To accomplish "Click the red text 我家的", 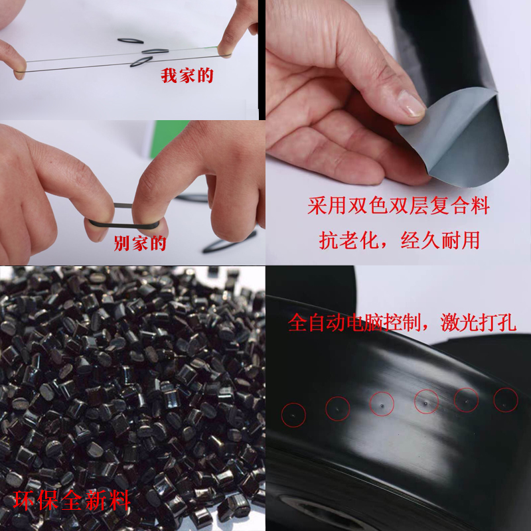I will pyautogui.click(x=187, y=76).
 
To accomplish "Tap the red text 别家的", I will pyautogui.click(x=140, y=242).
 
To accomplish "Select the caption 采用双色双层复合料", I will pyautogui.click(x=398, y=206).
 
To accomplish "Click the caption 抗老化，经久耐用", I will pyautogui.click(x=399, y=240).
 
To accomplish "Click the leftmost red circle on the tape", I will pyautogui.click(x=293, y=414).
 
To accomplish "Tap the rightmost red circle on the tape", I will pyautogui.click(x=506, y=400).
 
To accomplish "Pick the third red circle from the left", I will pyautogui.click(x=382, y=404).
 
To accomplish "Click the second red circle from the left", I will pyautogui.click(x=338, y=408).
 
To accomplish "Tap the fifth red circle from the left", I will pyautogui.click(x=467, y=400).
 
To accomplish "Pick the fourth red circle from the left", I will pyautogui.click(x=425, y=401).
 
